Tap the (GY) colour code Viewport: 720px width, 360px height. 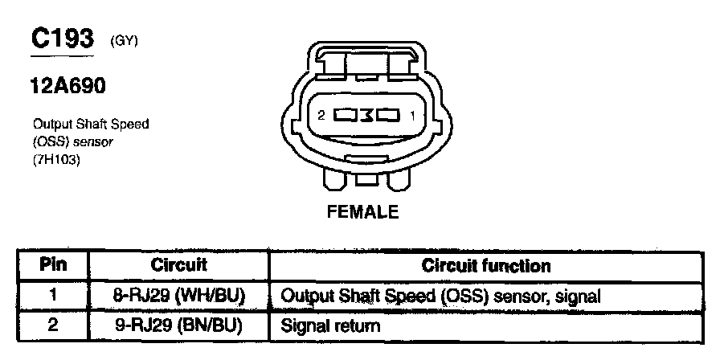(125, 42)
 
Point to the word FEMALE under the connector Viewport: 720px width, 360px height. (362, 212)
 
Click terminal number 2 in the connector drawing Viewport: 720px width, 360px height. (321, 116)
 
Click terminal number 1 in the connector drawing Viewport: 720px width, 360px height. (412, 116)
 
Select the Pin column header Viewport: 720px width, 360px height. (52, 265)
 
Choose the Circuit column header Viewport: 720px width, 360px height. (178, 265)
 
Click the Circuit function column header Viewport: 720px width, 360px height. (487, 265)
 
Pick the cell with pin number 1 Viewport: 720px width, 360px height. (52, 296)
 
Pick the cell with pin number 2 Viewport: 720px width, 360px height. (52, 326)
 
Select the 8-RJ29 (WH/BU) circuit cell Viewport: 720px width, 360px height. (178, 296)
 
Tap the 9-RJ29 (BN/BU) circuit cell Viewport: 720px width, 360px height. (178, 326)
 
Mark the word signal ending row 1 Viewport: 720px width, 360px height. (579, 297)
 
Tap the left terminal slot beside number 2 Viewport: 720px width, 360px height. (345, 116)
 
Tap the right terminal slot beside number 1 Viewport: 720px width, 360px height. (388, 116)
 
